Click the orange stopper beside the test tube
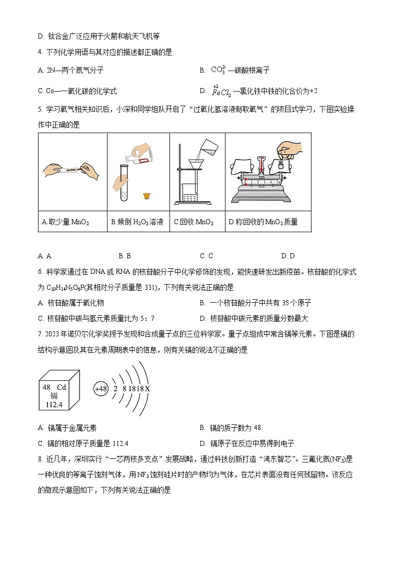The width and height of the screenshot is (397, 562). click(147, 196)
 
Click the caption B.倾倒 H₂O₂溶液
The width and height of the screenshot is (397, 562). click(137, 222)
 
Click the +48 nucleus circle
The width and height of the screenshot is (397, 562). click(101, 388)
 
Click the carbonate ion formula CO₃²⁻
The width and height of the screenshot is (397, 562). click(218, 70)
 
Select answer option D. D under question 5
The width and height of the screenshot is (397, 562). click(287, 256)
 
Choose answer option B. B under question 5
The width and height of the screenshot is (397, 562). click(125, 256)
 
